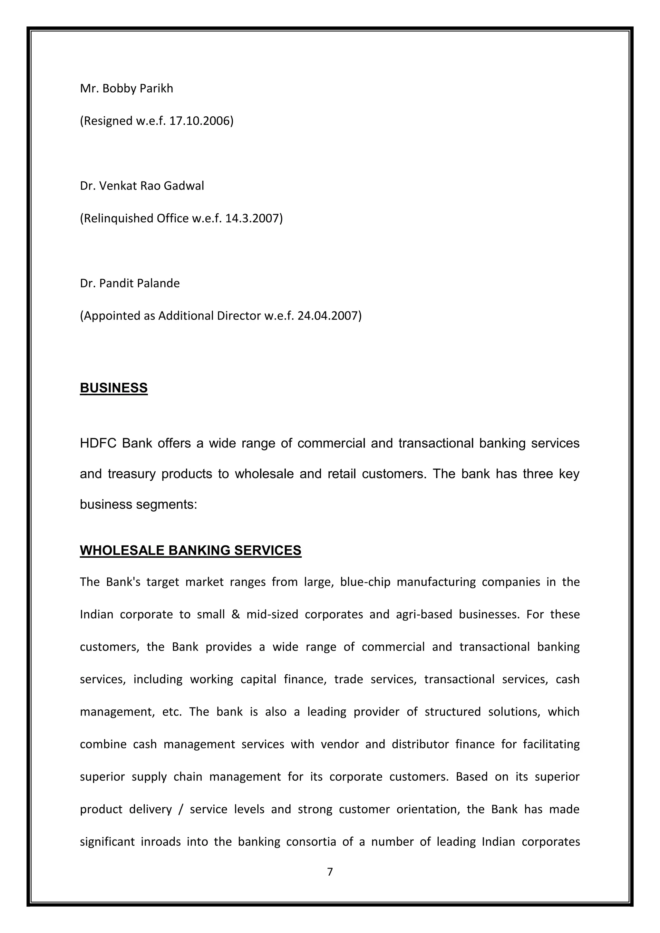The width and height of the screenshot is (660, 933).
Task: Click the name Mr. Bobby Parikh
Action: click(x=126, y=89)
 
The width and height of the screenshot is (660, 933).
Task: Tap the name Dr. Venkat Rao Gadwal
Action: click(x=142, y=186)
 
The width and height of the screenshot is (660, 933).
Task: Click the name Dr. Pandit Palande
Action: click(x=130, y=283)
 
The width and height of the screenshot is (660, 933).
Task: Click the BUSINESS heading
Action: click(x=114, y=388)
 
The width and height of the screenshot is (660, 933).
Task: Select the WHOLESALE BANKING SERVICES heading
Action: click(x=190, y=550)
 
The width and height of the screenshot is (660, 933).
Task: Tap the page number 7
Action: click(x=330, y=872)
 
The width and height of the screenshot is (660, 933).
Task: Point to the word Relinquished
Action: click(x=118, y=219)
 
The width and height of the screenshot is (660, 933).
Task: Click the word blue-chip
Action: click(x=365, y=582)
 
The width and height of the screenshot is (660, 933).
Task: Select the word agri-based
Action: click(x=424, y=614)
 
